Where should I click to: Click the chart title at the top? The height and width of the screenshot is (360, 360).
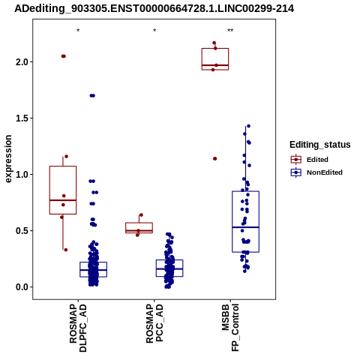pos(154,8)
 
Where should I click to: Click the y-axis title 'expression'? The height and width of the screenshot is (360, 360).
pos(8,159)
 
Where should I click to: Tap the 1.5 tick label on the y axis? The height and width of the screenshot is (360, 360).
pos(22,118)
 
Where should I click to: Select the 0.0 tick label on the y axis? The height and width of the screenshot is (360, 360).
pos(22,287)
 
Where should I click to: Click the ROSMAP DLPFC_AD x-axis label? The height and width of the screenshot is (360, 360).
pos(78,328)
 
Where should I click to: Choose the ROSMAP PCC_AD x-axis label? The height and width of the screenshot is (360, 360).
pos(154,323)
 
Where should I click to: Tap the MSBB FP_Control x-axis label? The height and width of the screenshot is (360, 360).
pos(230,328)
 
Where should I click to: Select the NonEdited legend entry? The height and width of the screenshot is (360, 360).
pos(316,172)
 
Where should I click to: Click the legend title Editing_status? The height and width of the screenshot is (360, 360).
pos(320,145)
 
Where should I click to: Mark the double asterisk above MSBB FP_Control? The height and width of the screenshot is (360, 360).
pos(230,31)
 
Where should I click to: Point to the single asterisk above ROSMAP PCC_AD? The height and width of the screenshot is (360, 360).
pos(154,31)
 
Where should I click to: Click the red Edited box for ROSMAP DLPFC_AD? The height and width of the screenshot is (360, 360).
pos(63,190)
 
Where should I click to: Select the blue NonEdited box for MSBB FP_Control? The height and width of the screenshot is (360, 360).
pos(245,221)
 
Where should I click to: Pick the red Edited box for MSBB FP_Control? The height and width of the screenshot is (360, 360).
pos(215,59)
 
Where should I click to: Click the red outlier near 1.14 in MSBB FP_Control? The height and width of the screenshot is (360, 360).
pos(214,158)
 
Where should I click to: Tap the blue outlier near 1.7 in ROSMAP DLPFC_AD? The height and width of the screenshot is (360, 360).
pos(92,95)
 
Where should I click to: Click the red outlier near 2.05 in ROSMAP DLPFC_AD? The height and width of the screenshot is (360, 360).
pos(64,56)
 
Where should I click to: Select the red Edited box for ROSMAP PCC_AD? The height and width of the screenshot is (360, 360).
pos(139,228)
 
